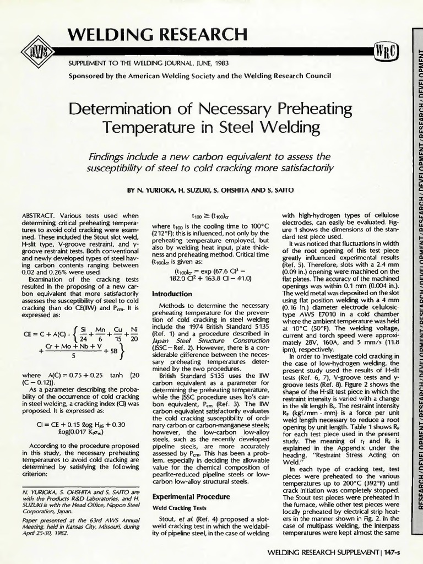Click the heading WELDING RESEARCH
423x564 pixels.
click(x=157, y=34)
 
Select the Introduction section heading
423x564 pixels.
click(x=172, y=294)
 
